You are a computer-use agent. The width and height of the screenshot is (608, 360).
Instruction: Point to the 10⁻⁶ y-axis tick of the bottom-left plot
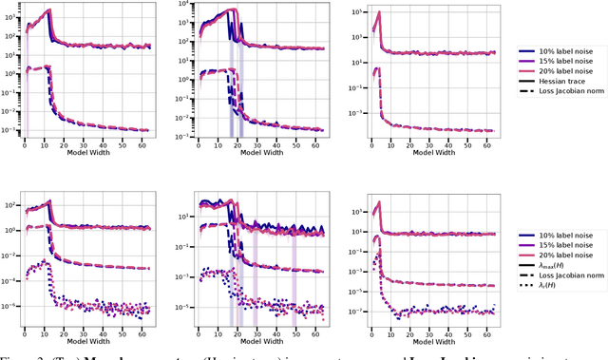coord(13,307)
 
